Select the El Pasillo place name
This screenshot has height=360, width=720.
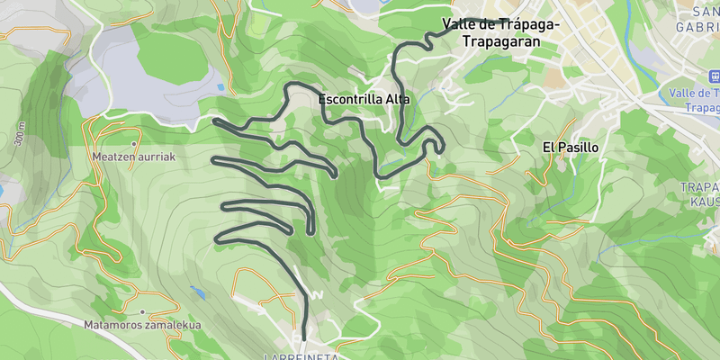[571, 147]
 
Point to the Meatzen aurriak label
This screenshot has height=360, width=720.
[133, 156]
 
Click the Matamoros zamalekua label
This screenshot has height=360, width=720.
[141, 325]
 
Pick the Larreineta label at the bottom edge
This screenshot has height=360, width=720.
[301, 356]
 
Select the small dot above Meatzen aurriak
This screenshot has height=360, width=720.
[133, 143]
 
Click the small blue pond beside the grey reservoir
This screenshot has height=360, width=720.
[220, 87]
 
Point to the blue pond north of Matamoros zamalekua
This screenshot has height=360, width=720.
[197, 292]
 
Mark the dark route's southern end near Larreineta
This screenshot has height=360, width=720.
[304, 338]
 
